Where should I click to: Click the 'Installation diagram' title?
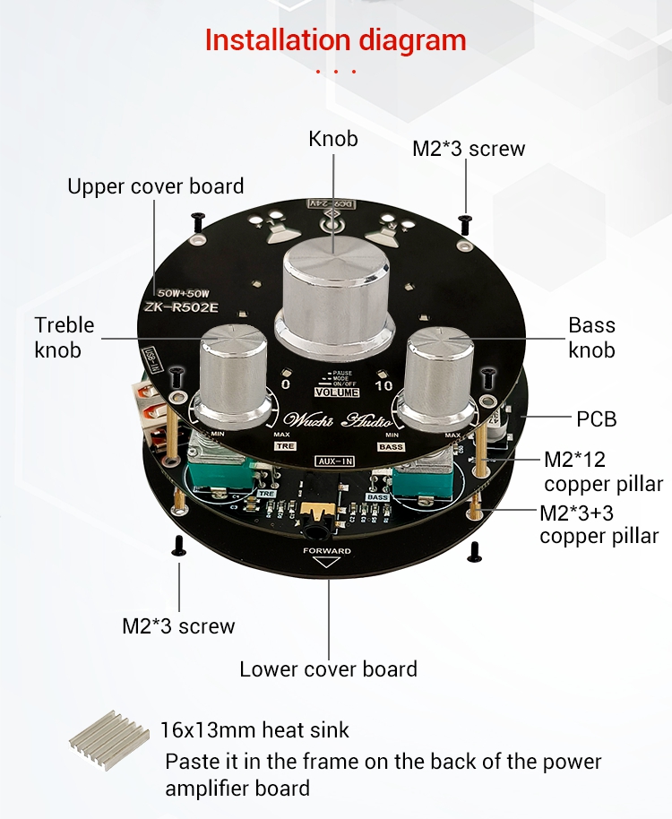[335, 40]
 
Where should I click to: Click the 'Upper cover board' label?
[156, 186]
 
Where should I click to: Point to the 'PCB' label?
[596, 418]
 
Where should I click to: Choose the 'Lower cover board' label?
[328, 668]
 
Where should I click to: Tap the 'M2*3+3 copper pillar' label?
[599, 524]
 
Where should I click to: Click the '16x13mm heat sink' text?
[255, 730]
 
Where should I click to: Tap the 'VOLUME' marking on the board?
[337, 392]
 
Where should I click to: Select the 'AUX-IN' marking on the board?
[333, 461]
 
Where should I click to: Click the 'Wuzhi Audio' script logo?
[334, 420]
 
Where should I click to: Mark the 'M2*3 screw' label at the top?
[468, 149]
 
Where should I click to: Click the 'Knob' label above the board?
[333, 139]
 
